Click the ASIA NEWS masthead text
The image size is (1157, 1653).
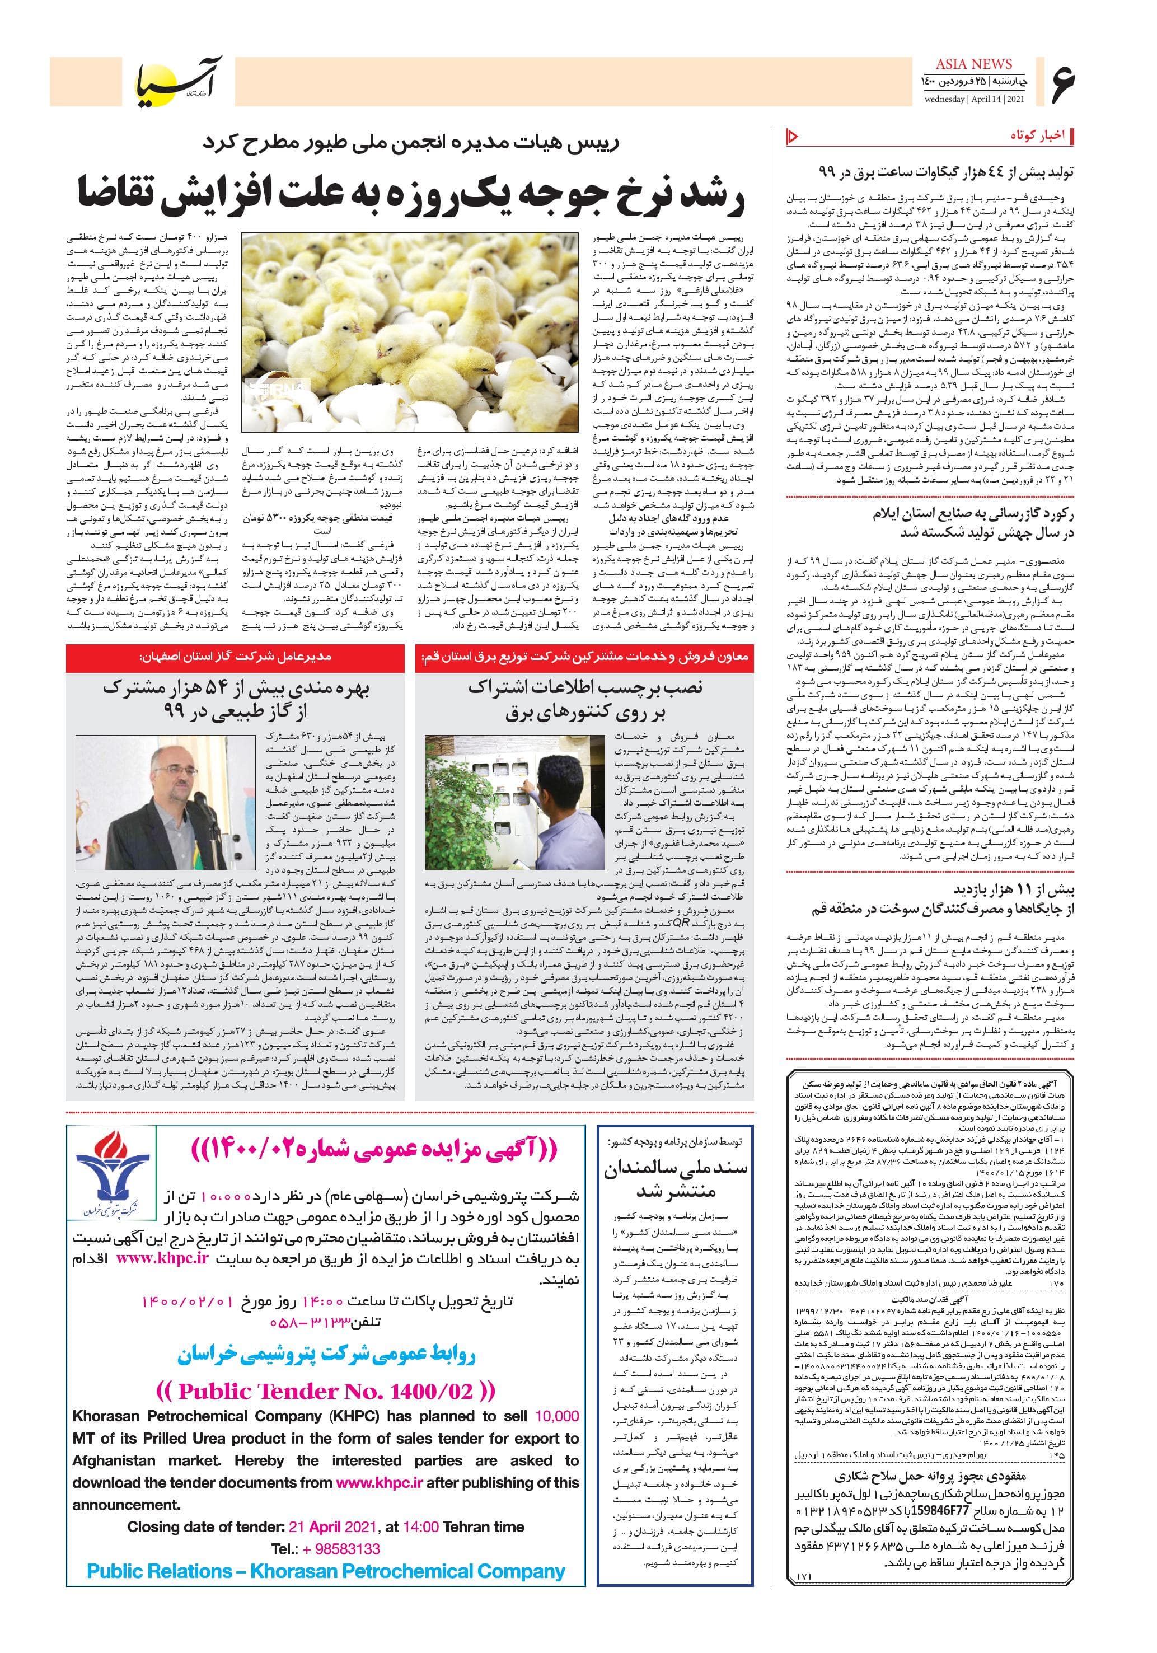(973, 64)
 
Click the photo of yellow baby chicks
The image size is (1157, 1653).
(408, 332)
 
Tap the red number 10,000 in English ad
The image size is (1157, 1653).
(556, 1416)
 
